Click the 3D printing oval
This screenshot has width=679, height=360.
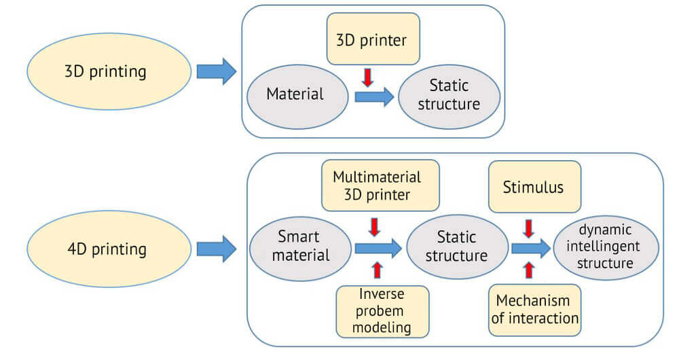click(x=105, y=71)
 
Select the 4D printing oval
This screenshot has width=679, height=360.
click(x=105, y=249)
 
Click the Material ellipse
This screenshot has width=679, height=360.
click(x=295, y=95)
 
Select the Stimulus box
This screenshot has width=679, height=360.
click(x=533, y=187)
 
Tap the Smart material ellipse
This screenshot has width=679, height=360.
click(x=299, y=247)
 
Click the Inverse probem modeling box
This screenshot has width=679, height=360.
click(x=382, y=311)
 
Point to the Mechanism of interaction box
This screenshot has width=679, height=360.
click(x=534, y=310)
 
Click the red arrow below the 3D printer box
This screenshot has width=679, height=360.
click(x=367, y=77)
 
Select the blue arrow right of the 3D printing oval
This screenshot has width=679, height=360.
click(x=216, y=71)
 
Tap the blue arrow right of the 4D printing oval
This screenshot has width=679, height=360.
click(x=216, y=249)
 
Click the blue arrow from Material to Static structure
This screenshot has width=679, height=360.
click(x=374, y=96)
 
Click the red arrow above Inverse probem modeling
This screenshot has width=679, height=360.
click(x=378, y=270)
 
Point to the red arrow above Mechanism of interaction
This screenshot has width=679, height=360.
click(x=530, y=270)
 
